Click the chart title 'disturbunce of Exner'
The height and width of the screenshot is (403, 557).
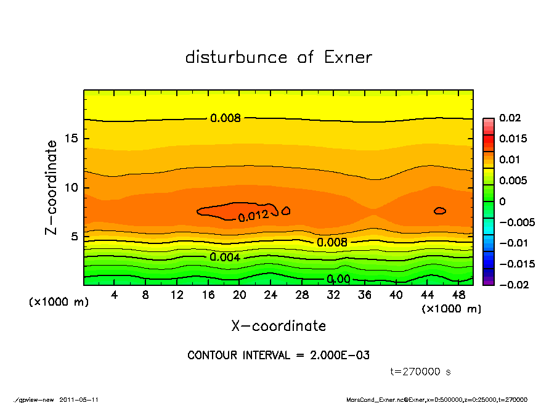(278, 57)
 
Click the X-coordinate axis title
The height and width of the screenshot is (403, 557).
(278, 325)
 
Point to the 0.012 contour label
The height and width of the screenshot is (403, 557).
(253, 216)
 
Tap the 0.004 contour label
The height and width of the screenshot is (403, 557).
(224, 257)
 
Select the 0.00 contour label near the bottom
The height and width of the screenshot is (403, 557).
(338, 279)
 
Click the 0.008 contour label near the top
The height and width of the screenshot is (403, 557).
(226, 118)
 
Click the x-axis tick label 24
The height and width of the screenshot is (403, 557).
(271, 295)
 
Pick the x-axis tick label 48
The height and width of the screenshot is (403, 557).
(458, 295)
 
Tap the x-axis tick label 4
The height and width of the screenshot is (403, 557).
(115, 295)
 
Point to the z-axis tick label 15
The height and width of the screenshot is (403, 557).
(71, 138)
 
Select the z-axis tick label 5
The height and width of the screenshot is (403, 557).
(75, 236)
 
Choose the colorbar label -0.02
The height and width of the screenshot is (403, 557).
(510, 285)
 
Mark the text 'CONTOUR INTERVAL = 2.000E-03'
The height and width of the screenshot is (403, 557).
(278, 356)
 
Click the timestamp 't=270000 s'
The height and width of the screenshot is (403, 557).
(421, 372)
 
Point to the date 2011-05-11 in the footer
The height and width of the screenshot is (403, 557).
(79, 399)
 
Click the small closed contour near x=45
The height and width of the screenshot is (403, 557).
(439, 211)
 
